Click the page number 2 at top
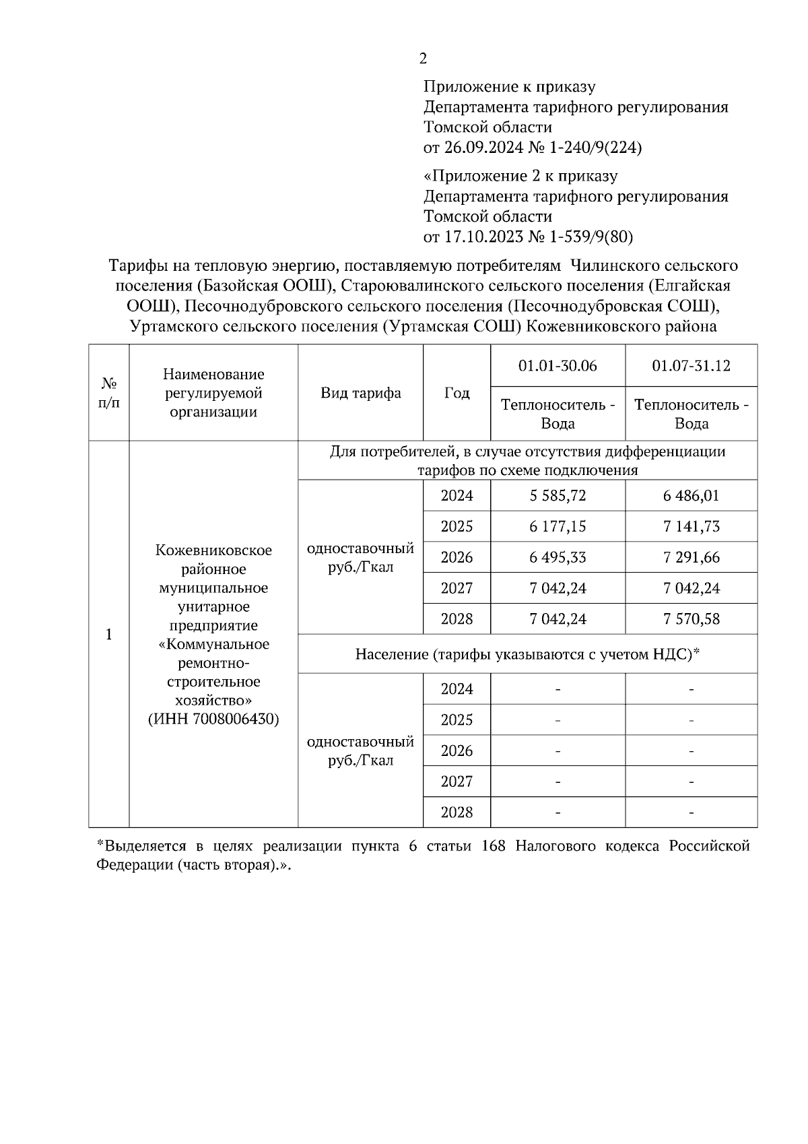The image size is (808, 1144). pyautogui.click(x=423, y=59)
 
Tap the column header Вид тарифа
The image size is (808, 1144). pyautogui.click(x=360, y=393)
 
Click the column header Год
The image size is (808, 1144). pyautogui.click(x=457, y=393)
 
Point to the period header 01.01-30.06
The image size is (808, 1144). pyautogui.click(x=558, y=366)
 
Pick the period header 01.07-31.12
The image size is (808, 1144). pyautogui.click(x=691, y=366)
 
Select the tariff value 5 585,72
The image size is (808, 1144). pyautogui.click(x=558, y=496)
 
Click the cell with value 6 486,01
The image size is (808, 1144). pyautogui.click(x=691, y=496)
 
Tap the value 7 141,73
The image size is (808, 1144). pyautogui.click(x=691, y=527)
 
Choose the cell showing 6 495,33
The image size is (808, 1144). pyautogui.click(x=558, y=558)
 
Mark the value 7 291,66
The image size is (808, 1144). pyautogui.click(x=691, y=558)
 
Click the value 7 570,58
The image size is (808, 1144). pyautogui.click(x=691, y=619)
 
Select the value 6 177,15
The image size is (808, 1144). pyautogui.click(x=558, y=527)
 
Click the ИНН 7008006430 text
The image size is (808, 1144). pyautogui.click(x=213, y=719)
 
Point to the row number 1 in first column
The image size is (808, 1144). pyautogui.click(x=108, y=635)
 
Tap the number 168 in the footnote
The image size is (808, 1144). pyautogui.click(x=495, y=846)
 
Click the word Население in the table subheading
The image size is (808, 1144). pyautogui.click(x=391, y=654)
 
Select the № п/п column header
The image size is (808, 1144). pyautogui.click(x=108, y=393)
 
